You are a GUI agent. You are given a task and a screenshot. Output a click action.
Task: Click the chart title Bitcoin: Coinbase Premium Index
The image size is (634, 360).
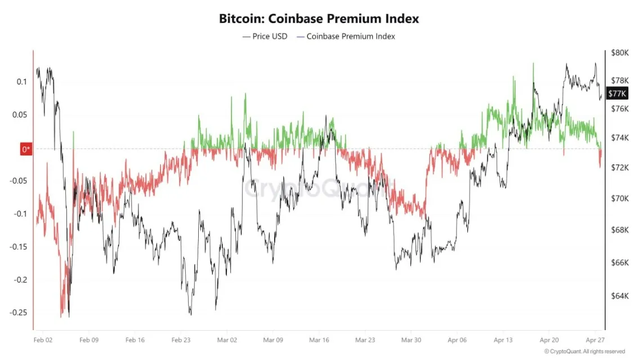[x=319, y=18]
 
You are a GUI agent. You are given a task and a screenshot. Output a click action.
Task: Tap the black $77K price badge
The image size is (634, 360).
[x=617, y=94]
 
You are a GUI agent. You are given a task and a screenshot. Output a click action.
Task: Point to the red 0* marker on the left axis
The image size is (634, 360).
[x=26, y=149]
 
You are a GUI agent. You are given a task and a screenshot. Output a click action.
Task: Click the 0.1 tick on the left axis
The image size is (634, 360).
[x=21, y=82]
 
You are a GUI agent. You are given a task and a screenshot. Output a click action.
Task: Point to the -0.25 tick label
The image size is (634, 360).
[x=18, y=313]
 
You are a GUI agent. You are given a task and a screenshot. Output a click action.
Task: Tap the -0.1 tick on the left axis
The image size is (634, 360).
[x=20, y=214]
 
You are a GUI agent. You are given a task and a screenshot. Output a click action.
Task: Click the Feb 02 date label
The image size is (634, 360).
[x=43, y=340]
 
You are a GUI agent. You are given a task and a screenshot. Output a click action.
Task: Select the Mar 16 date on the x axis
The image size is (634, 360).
[x=319, y=340]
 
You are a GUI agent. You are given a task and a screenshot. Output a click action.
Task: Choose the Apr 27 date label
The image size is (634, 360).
[x=595, y=340]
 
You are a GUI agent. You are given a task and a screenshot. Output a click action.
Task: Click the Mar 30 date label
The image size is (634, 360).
[x=411, y=340]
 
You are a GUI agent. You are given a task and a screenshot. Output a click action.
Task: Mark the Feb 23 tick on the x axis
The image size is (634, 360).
[x=181, y=340]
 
